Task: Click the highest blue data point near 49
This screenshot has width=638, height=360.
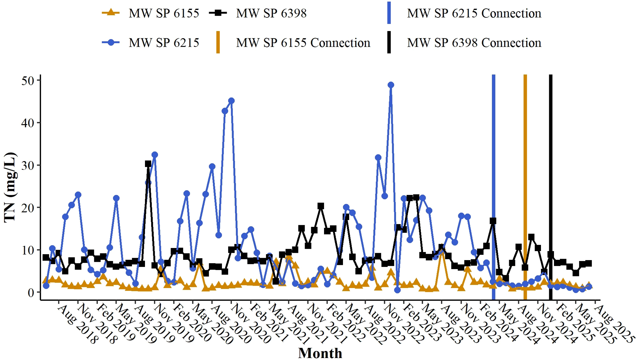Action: (391, 85)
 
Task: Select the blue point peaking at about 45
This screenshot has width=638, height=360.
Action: (231, 101)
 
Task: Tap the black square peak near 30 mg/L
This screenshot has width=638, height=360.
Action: (148, 164)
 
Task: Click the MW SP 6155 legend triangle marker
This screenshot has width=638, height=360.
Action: (111, 13)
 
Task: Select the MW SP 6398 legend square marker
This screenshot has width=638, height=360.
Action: (218, 13)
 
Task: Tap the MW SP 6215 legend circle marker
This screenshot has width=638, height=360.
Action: (111, 43)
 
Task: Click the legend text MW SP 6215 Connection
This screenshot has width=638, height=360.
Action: (474, 13)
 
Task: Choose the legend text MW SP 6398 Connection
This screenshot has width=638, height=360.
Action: (474, 43)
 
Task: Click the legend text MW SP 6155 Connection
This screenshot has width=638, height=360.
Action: (303, 43)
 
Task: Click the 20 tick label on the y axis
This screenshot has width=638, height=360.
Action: (28, 208)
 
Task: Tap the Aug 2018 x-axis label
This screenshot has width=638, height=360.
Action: (78, 324)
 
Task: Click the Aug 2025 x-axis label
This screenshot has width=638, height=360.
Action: (615, 324)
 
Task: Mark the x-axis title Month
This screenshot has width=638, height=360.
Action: (320, 353)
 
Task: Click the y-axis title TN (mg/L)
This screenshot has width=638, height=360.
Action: (10, 187)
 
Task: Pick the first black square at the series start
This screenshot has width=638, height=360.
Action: (46, 257)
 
